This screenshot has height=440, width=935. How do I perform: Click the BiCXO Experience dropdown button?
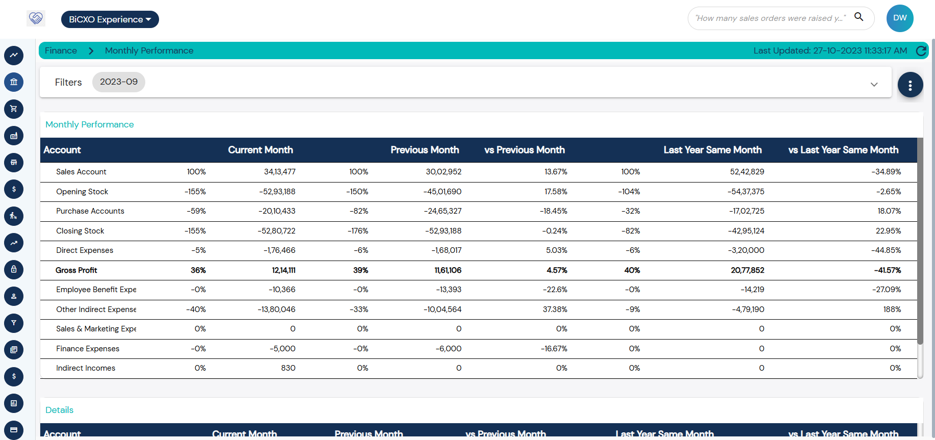110,19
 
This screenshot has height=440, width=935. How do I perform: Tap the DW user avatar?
900,18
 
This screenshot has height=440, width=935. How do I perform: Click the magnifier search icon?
859,17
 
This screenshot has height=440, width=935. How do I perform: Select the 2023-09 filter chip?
118,82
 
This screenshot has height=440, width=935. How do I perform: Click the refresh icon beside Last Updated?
921,50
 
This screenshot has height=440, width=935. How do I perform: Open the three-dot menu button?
910,85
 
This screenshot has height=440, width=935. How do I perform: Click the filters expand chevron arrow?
874,85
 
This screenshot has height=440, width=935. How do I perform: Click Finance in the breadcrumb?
61,50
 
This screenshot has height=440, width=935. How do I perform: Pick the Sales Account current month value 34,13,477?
279,172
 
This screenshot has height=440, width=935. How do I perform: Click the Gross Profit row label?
76,270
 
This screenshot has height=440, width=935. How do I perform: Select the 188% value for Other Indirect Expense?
892,309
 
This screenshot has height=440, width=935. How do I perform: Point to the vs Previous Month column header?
524,150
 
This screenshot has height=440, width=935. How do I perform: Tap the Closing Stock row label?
80,231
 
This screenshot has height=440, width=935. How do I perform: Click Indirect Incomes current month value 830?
288,368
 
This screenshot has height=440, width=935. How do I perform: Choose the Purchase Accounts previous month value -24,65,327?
442,211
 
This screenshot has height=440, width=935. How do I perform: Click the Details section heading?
59,410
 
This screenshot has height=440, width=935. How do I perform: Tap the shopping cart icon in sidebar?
14,109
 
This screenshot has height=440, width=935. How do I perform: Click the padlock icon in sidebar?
14,269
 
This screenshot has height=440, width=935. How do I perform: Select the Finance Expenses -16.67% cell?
554,349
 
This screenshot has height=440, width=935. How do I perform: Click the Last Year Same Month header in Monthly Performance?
712,150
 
